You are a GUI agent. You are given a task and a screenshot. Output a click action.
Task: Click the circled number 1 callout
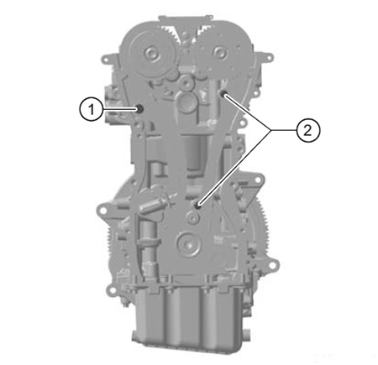91,109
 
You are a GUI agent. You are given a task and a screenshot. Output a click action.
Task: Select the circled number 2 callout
308,130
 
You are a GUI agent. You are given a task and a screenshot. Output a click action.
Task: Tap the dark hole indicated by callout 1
139,108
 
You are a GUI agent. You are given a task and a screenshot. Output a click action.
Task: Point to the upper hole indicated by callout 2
223,94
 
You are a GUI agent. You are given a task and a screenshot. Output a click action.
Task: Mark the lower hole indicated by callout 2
198,206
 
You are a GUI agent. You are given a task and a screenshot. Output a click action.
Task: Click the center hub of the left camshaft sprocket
151,53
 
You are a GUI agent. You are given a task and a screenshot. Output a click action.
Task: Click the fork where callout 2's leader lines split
270,130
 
